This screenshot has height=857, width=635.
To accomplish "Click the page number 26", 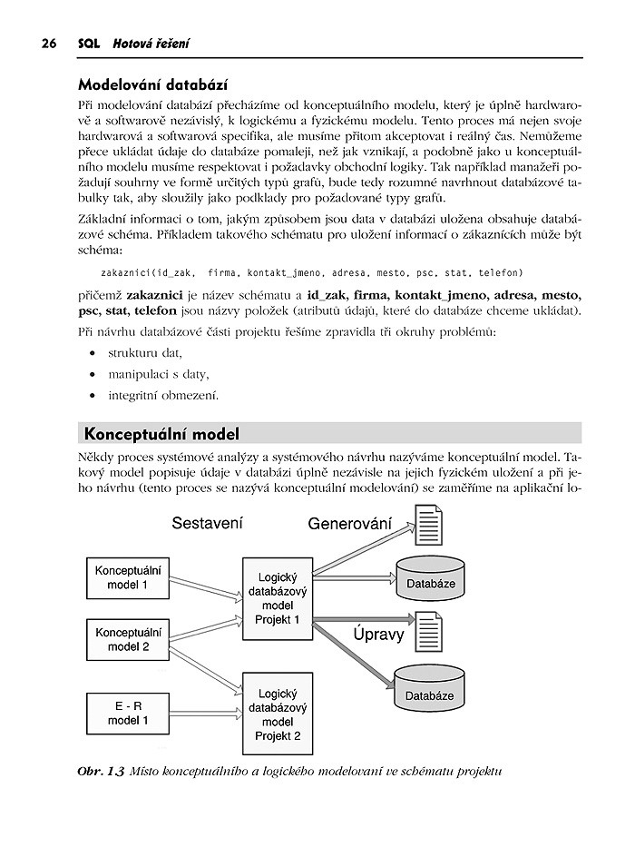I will [x=48, y=43].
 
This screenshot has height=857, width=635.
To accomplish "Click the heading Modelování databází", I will [x=153, y=86].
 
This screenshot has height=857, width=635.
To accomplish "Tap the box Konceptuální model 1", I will [x=128, y=577].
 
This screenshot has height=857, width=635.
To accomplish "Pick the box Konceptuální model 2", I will [x=128, y=639].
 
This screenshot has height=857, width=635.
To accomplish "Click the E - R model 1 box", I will [x=128, y=713].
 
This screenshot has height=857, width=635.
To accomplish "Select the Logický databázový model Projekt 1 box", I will [x=278, y=597].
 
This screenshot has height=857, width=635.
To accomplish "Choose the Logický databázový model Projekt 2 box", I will [x=278, y=714].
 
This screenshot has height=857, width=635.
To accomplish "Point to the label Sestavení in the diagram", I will [x=208, y=524].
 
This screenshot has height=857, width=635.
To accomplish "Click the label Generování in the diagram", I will [x=349, y=524].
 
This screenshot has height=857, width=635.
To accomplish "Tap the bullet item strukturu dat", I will [x=145, y=352].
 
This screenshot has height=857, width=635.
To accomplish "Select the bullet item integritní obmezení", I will [x=163, y=395].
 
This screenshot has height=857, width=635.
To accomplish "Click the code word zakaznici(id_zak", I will [x=148, y=272].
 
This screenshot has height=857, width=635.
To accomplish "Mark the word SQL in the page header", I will [x=88, y=43].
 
